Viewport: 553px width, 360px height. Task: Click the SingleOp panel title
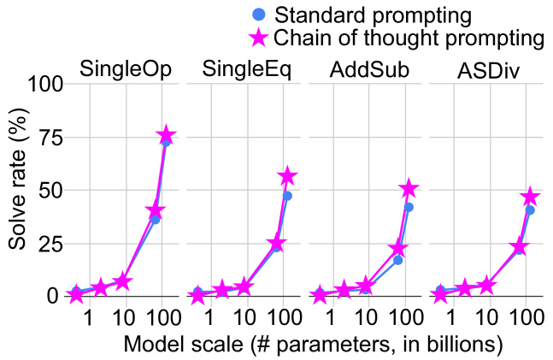[x=125, y=69]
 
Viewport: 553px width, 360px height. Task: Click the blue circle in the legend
[x=261, y=15]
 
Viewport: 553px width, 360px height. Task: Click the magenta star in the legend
[x=260, y=38]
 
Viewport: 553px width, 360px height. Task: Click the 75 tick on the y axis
[x=52, y=138]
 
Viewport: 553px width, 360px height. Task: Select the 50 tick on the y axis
[x=52, y=191]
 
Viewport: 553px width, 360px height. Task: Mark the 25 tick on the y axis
[x=52, y=244]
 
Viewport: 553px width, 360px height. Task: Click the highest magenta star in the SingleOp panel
[x=167, y=136]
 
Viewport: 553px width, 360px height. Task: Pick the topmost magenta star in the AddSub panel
[x=409, y=188]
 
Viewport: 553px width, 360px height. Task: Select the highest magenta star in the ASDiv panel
[x=530, y=197]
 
